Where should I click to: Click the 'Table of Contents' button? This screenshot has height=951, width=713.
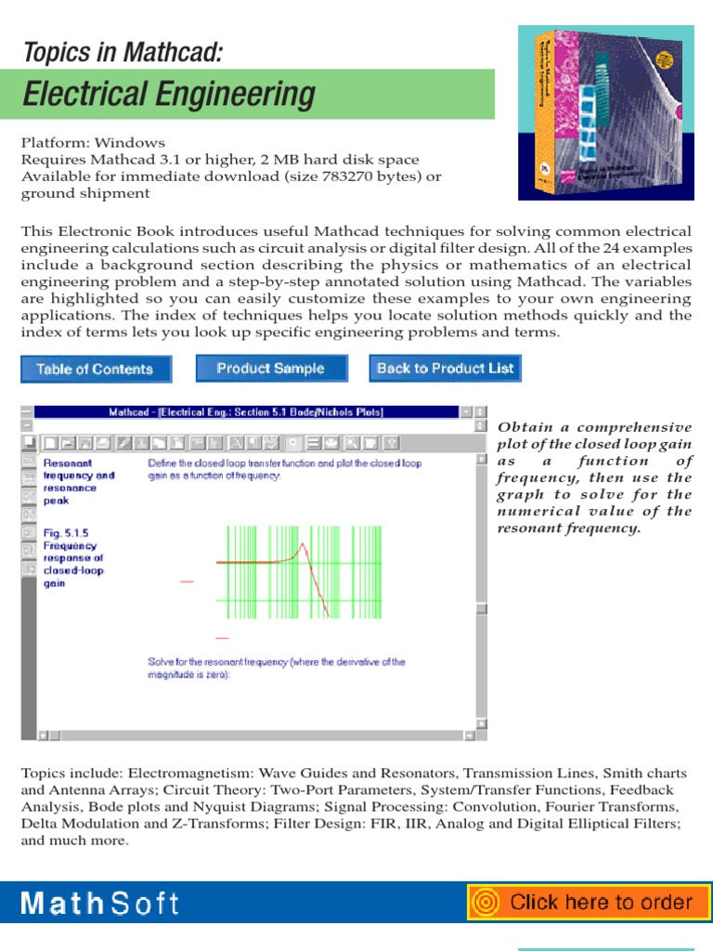click(x=95, y=369)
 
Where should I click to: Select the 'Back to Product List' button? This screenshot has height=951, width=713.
click(x=445, y=368)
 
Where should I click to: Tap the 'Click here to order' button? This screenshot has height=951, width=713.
click(x=588, y=902)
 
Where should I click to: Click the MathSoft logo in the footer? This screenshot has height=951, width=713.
click(x=100, y=903)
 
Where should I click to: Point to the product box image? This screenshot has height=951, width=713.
click(x=606, y=113)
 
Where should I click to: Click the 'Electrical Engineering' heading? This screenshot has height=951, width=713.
click(x=169, y=95)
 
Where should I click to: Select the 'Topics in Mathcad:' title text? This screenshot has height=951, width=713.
click(x=123, y=52)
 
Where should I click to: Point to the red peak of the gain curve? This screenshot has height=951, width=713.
click(x=299, y=547)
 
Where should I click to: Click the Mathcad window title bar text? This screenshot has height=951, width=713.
click(x=246, y=411)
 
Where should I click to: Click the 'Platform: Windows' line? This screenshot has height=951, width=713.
click(x=93, y=143)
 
